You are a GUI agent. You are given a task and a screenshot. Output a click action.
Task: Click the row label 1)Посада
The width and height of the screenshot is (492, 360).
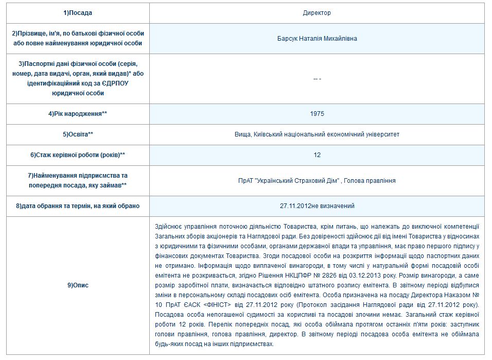click(78, 13)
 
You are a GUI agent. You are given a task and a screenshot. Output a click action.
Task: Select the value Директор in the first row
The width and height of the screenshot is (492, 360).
click(317, 13)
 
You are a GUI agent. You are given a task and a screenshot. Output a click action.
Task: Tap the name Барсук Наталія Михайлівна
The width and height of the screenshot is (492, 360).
click(317, 39)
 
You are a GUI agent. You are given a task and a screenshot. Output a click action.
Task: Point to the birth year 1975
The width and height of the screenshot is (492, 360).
click(317, 114)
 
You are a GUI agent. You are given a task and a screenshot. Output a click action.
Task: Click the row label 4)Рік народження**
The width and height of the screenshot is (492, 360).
click(78, 114)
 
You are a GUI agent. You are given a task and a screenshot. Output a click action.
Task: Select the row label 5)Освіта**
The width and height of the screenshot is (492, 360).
click(78, 134)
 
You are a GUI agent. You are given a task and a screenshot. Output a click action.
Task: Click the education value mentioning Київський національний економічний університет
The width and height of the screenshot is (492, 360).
click(317, 134)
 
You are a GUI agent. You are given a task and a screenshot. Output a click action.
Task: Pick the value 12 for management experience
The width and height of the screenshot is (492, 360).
click(317, 155)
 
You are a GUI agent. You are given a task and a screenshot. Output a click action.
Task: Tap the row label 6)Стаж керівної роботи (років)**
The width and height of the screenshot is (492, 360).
click(78, 155)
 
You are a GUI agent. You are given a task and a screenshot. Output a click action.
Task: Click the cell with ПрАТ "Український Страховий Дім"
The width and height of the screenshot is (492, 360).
click(317, 181)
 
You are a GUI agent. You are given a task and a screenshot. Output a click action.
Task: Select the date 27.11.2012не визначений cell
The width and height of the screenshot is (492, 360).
click(317, 206)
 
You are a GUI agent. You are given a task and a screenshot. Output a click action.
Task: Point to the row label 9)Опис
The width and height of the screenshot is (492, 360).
click(78, 285)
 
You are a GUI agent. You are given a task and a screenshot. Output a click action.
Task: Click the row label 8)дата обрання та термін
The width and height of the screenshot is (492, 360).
click(78, 206)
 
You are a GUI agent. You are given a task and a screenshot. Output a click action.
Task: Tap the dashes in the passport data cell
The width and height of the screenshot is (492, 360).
click(317, 79)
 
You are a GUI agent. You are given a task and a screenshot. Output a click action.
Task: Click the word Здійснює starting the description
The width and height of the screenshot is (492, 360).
click(167, 226)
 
